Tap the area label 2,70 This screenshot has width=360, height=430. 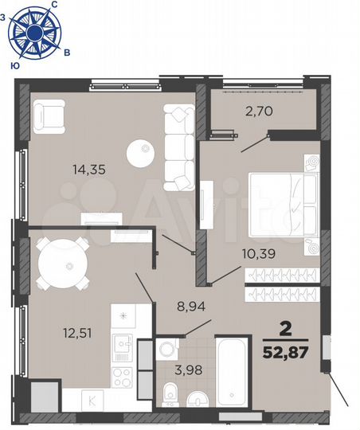pyautogui.click(x=259, y=111)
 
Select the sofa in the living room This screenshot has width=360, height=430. pyautogui.click(x=178, y=143)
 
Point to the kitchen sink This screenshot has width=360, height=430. pyautogui.click(x=122, y=345)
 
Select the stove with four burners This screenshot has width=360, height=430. pyautogui.click(x=123, y=374)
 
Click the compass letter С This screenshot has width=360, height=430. pyautogui.click(x=54, y=6)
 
